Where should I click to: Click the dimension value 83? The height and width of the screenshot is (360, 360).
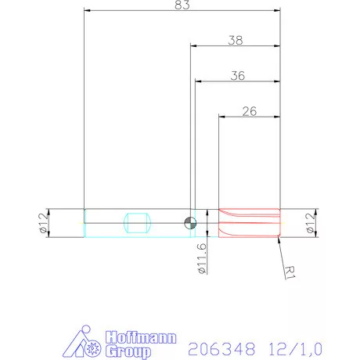click(x=182, y=5)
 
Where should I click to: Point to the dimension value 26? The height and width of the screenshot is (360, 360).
click(x=250, y=111)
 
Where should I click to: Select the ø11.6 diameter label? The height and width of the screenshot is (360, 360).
click(x=201, y=257)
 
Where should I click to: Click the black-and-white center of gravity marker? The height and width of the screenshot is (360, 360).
click(x=189, y=222)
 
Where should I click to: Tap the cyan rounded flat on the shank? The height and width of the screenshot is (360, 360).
click(x=136, y=222)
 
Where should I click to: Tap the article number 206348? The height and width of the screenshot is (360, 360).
click(x=213, y=345)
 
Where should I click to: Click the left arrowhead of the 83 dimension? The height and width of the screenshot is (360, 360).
click(x=87, y=12)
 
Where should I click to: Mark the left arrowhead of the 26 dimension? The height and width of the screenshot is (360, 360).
click(x=222, y=117)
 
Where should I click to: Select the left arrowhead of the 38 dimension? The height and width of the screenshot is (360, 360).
click(x=193, y=45)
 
